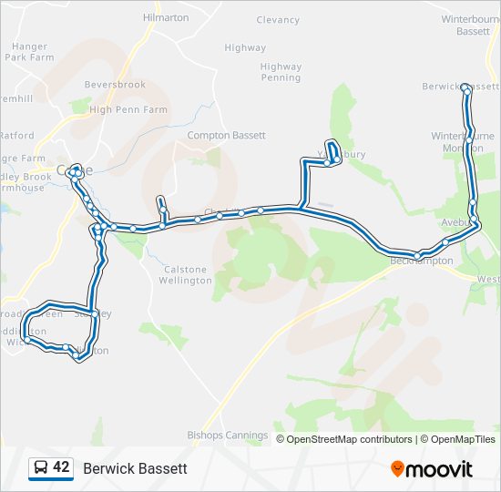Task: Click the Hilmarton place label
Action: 166,17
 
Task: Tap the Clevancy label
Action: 278,20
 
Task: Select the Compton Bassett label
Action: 226,135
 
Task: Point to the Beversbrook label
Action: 115,85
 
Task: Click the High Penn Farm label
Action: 128,109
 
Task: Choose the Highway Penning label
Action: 281,72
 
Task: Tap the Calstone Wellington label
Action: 187,274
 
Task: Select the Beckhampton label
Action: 421,261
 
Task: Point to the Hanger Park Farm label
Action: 29,51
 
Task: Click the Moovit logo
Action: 432,468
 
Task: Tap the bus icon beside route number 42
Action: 41,467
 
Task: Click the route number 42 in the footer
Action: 62,467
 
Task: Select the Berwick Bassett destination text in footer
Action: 135,468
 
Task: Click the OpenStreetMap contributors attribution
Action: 349,439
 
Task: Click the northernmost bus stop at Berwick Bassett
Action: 465,87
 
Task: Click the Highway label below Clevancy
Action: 245,47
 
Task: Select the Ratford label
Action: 16,136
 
